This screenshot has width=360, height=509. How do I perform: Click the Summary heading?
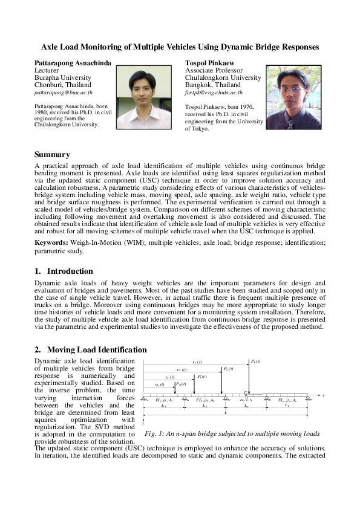tap(53, 154)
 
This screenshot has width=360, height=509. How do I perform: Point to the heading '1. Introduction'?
tap(64, 271)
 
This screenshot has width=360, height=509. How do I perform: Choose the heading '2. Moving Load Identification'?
tap(91, 349)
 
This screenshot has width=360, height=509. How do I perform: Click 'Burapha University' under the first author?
tap(63, 78)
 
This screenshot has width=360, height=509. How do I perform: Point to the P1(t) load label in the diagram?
tap(255, 361)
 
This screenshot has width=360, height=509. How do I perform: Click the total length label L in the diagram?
tap(225, 413)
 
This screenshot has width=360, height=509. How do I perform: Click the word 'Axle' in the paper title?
tap(50, 47)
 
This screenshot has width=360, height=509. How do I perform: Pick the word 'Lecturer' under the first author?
tap(47, 70)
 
